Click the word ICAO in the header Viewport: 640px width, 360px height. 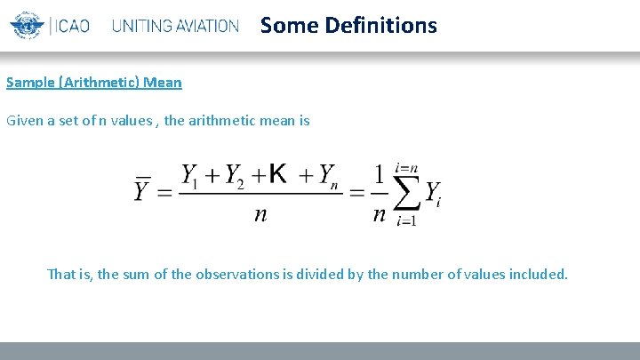click(73, 26)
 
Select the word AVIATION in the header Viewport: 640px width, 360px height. click(205, 26)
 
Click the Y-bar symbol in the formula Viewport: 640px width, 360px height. click(142, 188)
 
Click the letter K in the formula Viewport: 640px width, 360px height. click(277, 174)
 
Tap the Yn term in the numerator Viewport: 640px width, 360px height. click(326, 175)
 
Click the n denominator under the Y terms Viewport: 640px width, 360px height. click(260, 213)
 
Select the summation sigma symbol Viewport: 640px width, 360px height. click(404, 190)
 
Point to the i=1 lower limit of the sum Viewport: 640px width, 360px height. click(406, 220)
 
